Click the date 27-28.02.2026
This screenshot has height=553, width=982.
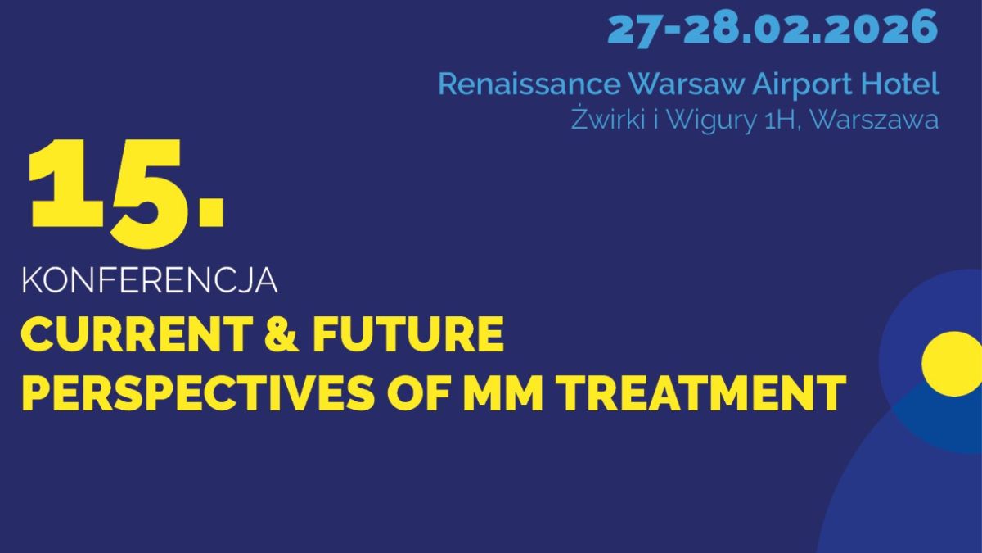point(772,29)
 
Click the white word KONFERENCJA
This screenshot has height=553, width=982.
point(150,281)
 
